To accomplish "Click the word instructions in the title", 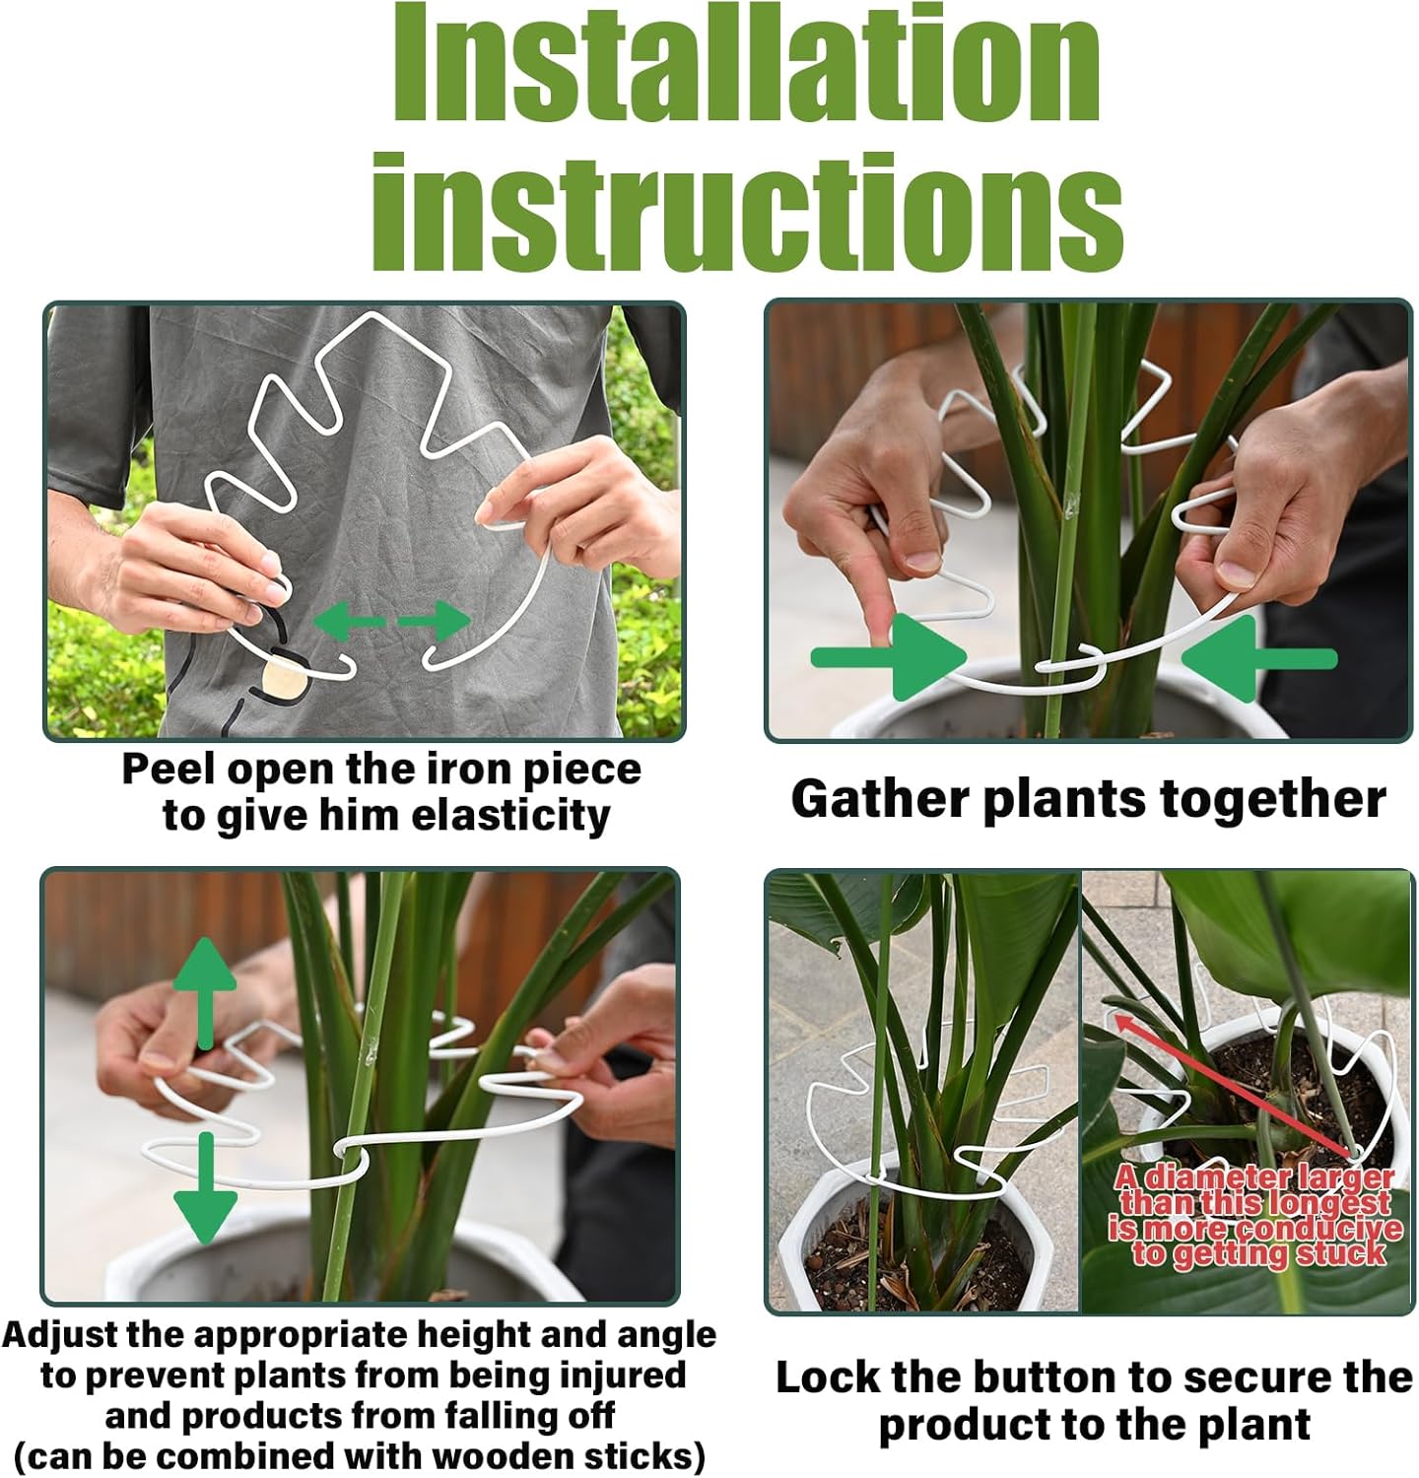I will [746, 212].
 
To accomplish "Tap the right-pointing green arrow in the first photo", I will [437, 622].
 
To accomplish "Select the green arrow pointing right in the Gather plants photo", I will [887, 657].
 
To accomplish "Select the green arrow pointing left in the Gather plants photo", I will [1259, 657].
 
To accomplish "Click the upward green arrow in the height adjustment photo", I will [205, 990].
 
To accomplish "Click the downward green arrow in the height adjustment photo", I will [205, 1187].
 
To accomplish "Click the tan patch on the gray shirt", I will [286, 679].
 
